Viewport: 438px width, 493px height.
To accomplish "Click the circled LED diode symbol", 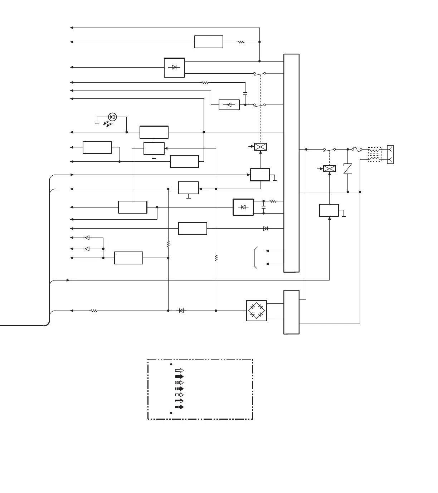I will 112,117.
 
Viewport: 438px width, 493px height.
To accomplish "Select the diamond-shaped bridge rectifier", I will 256,311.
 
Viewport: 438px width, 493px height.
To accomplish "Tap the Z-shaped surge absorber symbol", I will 348,169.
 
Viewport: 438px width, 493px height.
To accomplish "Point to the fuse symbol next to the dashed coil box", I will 357,149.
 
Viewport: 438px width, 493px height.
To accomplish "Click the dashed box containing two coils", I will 375,154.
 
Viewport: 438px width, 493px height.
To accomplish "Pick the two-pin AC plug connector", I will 390,154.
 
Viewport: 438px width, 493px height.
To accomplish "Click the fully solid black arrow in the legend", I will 179,376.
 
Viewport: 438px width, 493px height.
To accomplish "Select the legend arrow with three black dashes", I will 179,389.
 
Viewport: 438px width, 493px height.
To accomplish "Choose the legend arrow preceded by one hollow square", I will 179,395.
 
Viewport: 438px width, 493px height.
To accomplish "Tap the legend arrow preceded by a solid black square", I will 179,407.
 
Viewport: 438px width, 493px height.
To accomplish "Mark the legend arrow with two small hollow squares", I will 179,382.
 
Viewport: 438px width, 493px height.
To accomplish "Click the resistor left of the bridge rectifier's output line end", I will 94,311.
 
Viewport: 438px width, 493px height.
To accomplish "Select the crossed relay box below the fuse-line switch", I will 329,169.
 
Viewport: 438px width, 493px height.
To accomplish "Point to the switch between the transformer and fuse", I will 329,149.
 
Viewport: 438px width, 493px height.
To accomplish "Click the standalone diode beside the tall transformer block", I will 266,228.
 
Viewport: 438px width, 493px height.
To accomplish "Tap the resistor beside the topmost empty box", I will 242,42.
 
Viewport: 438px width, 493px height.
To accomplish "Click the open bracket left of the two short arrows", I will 256,258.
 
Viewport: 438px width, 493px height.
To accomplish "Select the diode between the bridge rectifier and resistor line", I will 181,311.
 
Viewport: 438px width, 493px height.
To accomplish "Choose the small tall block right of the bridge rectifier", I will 291,312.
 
